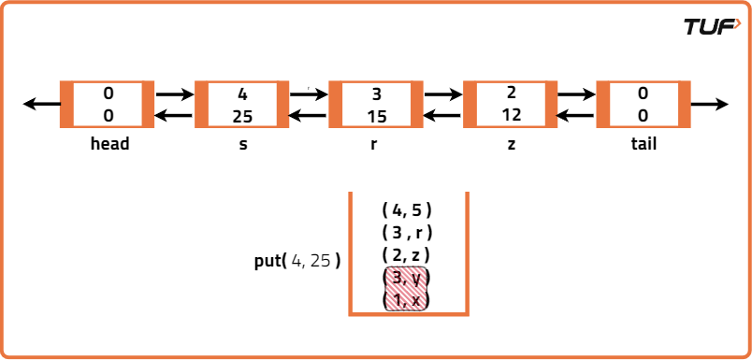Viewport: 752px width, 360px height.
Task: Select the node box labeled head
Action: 108,105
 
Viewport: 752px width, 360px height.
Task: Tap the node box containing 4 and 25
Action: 242,105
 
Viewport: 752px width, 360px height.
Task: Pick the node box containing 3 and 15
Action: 376,105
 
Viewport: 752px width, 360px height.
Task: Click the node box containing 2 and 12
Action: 511,105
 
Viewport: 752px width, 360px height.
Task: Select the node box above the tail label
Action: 643,105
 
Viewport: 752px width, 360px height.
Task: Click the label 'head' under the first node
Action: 109,144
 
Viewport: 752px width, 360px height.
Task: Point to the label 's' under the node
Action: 243,145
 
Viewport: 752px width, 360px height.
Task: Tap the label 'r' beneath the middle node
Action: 377,145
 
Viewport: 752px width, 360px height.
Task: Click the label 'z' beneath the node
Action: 511,145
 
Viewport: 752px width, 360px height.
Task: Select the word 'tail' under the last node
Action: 644,144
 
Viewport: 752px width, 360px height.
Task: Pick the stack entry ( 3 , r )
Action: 407,232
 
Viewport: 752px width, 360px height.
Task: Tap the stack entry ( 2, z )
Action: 407,254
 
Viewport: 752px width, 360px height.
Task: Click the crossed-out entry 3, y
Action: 407,278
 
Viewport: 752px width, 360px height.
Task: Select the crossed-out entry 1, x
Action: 407,299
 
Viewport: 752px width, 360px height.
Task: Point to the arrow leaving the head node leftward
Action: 41,104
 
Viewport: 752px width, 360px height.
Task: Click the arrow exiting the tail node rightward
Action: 710,104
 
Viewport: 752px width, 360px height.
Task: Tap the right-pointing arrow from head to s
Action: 174,94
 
